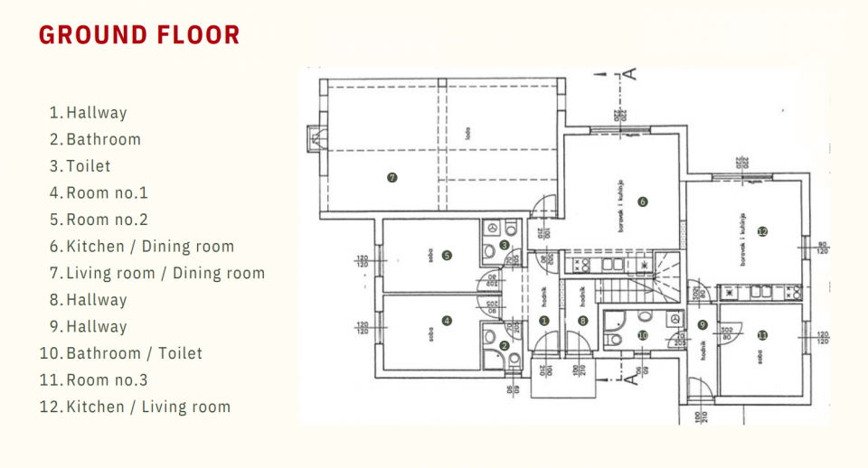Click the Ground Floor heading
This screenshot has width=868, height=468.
click(x=139, y=35)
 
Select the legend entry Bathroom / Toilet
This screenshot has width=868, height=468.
click(x=134, y=353)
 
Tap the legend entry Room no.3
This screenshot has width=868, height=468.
click(x=107, y=380)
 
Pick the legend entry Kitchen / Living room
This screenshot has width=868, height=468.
click(x=148, y=407)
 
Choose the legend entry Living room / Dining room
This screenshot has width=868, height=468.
click(x=165, y=273)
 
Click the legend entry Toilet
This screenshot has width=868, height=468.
click(x=88, y=166)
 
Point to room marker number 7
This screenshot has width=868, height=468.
click(x=392, y=178)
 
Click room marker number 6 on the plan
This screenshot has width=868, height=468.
click(x=643, y=201)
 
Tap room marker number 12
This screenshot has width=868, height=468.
click(x=762, y=231)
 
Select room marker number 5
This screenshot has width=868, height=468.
click(x=447, y=255)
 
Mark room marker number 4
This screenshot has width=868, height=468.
click(x=447, y=320)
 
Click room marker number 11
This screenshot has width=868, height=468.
click(x=762, y=335)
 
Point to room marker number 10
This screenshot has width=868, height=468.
click(x=643, y=335)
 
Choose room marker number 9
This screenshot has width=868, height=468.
click(x=702, y=325)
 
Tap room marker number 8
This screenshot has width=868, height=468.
click(x=583, y=320)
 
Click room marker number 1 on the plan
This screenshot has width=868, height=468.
click(x=544, y=320)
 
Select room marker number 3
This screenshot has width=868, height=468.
click(x=505, y=245)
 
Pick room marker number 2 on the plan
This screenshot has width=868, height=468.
click(x=505, y=345)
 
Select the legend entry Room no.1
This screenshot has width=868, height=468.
click(x=107, y=192)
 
